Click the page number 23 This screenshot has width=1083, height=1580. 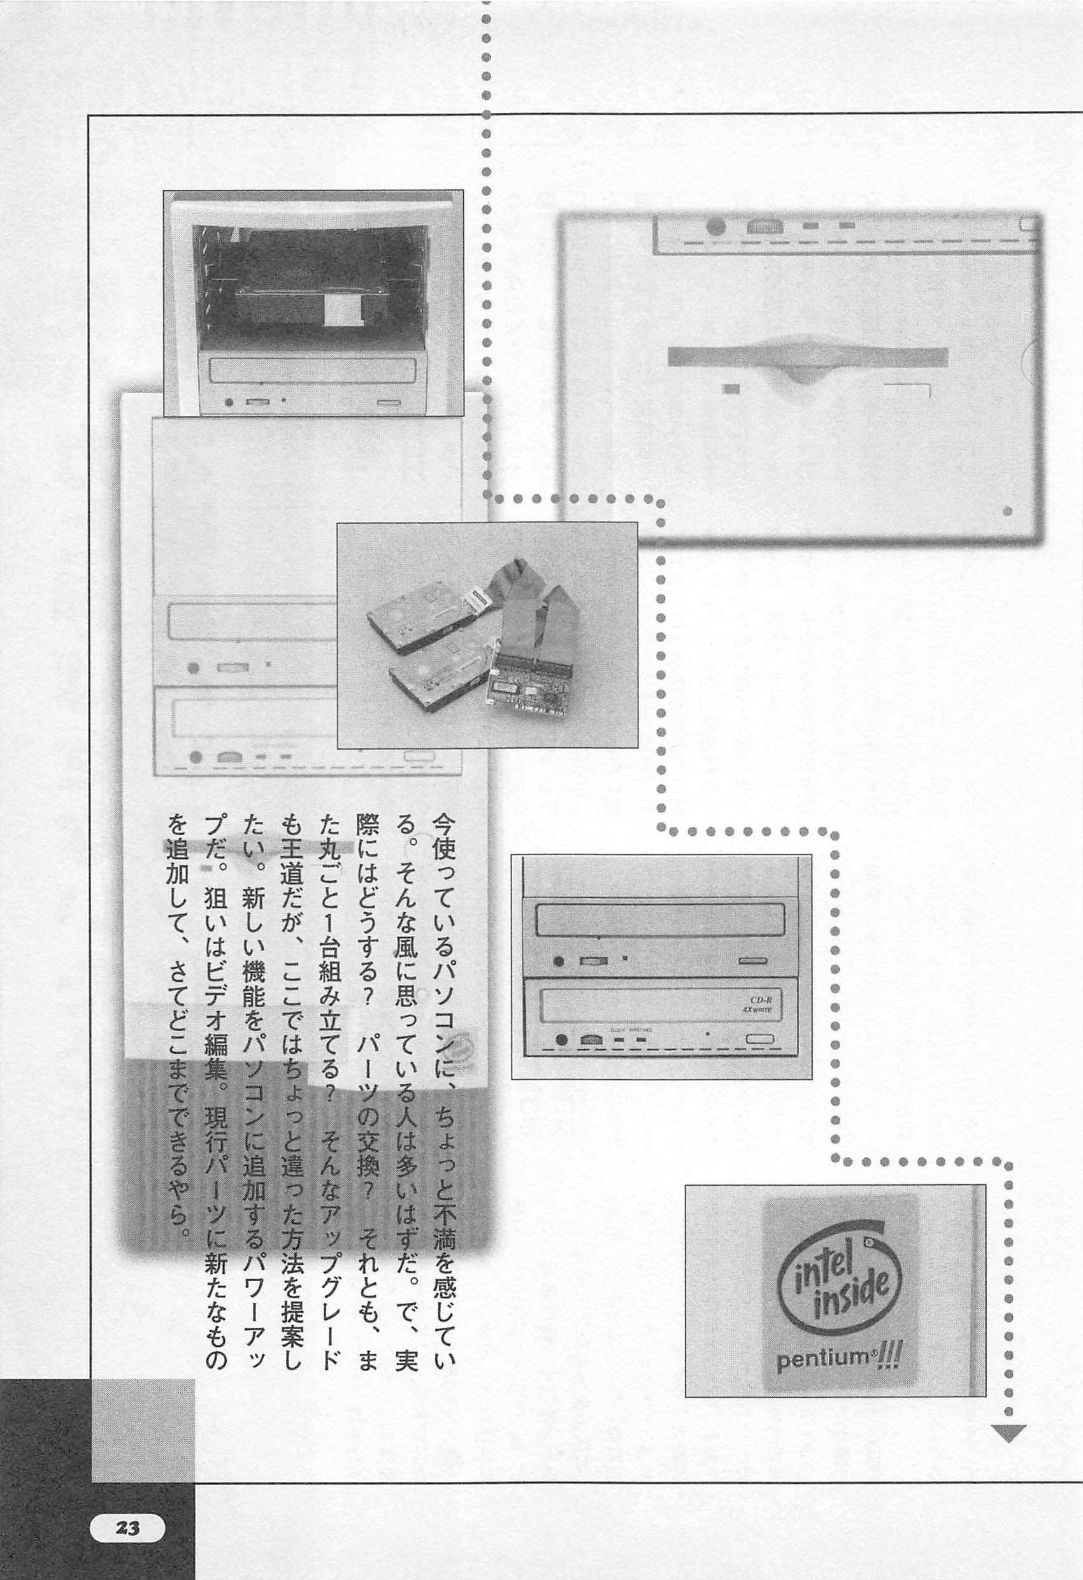(127, 1503)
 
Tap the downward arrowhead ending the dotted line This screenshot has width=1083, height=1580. (1008, 1428)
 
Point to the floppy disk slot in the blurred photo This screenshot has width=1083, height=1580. (807, 357)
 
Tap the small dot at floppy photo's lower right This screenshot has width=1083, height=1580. (1008, 510)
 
